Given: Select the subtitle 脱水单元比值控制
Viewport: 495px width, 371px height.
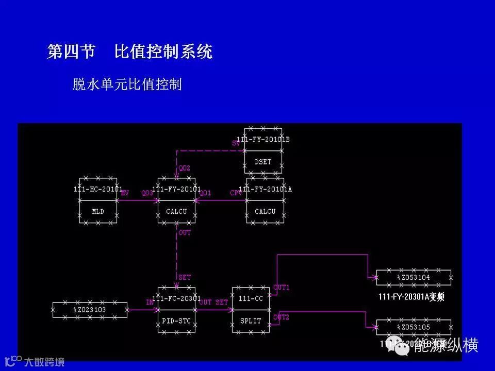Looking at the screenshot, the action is click(x=127, y=85).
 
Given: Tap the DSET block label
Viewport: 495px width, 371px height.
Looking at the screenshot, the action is click(x=263, y=161).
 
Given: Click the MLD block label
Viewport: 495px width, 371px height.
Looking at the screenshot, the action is click(x=98, y=211).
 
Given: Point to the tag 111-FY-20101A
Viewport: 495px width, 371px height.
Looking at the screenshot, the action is click(x=266, y=189).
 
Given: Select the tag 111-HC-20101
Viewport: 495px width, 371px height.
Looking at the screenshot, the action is click(x=98, y=189).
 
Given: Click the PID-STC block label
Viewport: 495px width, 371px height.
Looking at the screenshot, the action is click(x=176, y=321).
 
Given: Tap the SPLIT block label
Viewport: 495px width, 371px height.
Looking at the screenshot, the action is click(x=251, y=321).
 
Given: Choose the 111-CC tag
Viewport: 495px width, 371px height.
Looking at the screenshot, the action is click(x=251, y=299).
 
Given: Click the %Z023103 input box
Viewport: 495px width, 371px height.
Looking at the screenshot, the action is click(x=90, y=310).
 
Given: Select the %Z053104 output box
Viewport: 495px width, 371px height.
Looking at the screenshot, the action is click(x=414, y=277).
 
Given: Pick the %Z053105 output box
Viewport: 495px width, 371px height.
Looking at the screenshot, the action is click(x=414, y=327).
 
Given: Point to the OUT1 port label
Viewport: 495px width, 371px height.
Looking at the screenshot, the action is click(x=282, y=288).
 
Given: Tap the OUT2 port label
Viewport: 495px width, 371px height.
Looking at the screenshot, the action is click(x=282, y=317).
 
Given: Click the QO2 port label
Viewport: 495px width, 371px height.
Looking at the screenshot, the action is click(x=184, y=168).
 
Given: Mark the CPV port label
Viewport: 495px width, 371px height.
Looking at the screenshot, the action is click(x=236, y=193).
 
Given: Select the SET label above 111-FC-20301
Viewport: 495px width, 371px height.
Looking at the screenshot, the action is click(x=184, y=277).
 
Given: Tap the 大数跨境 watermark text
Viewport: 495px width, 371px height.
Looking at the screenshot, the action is click(x=44, y=362).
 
